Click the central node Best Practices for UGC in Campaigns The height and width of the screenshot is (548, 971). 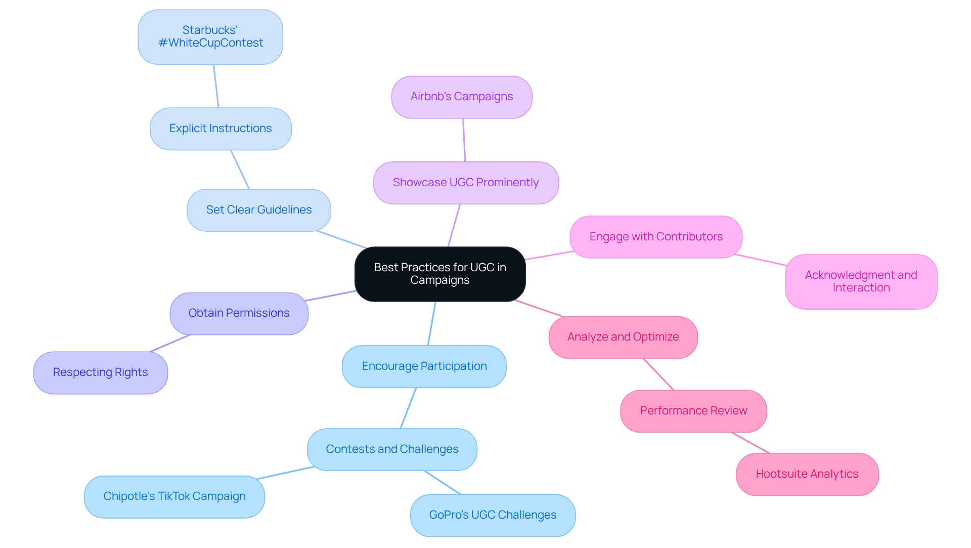tap(440, 274)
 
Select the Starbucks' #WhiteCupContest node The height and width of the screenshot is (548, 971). tap(210, 37)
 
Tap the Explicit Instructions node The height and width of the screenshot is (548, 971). tap(220, 129)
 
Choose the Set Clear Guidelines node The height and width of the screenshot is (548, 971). tap(259, 210)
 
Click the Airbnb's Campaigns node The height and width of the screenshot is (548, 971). tap(462, 97)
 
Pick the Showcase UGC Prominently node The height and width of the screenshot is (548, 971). tap(466, 183)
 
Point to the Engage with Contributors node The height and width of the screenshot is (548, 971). tap(656, 237)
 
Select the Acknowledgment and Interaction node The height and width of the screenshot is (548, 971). tap(861, 281)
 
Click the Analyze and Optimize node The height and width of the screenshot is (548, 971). tap(623, 337)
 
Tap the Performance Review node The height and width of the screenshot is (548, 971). tap(693, 411)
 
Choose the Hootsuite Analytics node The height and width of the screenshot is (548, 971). tap(807, 474)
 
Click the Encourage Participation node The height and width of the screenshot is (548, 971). tap(424, 366)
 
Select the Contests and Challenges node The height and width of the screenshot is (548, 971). tap(392, 449)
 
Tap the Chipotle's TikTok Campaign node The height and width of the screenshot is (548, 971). tap(174, 496)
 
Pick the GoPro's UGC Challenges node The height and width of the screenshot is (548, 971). tap(493, 515)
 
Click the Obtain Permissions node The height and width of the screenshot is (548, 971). tap(239, 313)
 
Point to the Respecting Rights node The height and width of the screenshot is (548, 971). tap(101, 372)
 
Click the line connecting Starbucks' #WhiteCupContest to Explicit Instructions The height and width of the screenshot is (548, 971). tap(216, 86)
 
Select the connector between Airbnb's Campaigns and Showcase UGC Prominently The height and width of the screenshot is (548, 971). tap(464, 140)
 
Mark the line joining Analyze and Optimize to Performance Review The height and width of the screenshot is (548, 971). tap(658, 374)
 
